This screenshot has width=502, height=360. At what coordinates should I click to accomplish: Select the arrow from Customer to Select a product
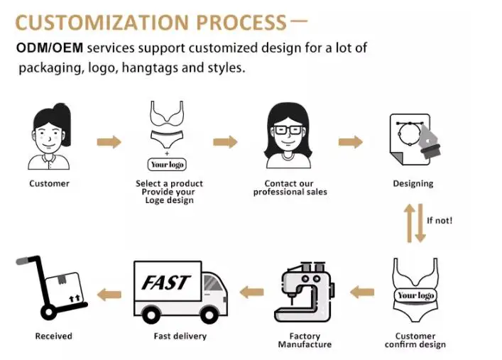point(109,142)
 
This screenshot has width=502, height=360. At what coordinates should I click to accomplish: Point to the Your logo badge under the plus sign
point(167,165)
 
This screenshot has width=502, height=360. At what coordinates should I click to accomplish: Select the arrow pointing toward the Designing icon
point(350,142)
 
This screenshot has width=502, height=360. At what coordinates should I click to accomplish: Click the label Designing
point(413,184)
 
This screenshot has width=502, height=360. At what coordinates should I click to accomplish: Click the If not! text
point(440,220)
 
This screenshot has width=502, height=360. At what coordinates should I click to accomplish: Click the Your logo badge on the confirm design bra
point(415,295)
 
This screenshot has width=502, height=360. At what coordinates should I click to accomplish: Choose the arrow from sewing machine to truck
point(251,291)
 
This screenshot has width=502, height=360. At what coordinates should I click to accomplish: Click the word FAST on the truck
point(165,282)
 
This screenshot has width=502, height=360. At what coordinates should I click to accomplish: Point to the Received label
point(53,336)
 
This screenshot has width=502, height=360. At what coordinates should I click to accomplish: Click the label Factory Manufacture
point(304,340)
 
